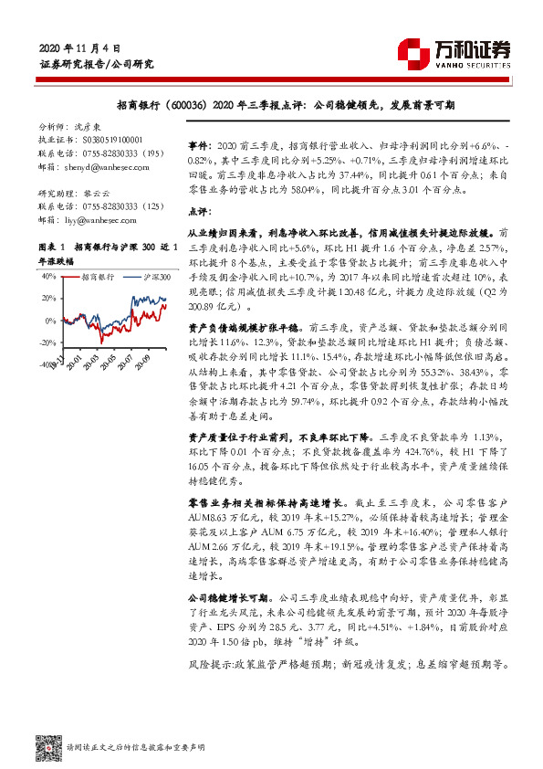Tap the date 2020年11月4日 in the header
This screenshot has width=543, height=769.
[x=80, y=47]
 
